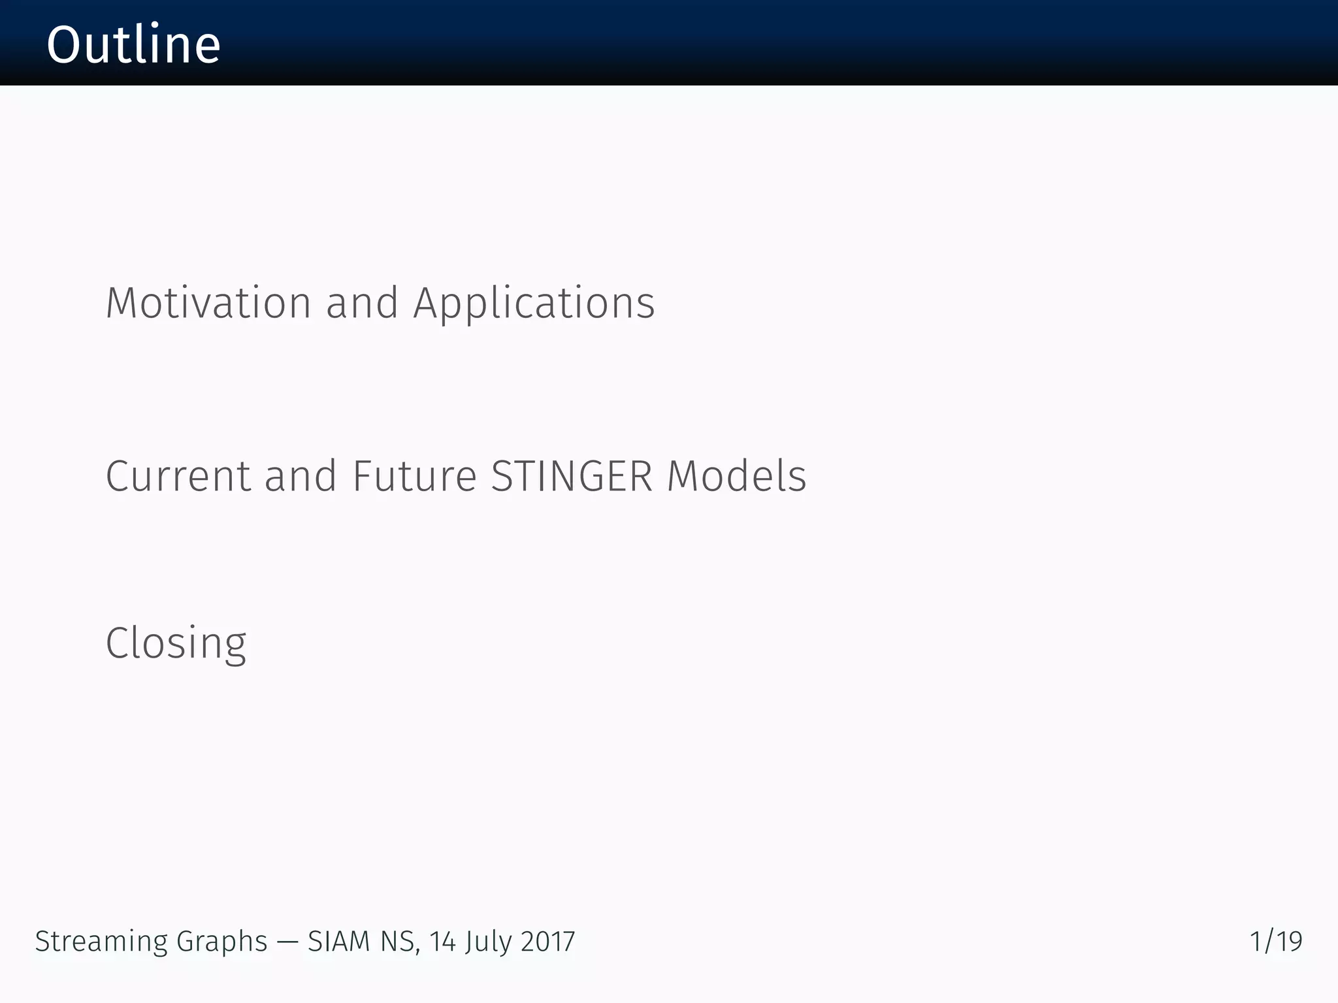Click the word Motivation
[x=208, y=304]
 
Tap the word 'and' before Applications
[x=362, y=304]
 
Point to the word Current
[x=178, y=476]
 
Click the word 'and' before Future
[x=301, y=476]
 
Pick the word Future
[x=414, y=476]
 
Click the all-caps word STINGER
[x=572, y=476]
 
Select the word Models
[x=736, y=476]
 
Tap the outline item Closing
[x=176, y=644]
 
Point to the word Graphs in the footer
[x=222, y=942]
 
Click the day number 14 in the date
[x=442, y=942]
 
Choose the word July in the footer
[x=488, y=942]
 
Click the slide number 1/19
[x=1275, y=942]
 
